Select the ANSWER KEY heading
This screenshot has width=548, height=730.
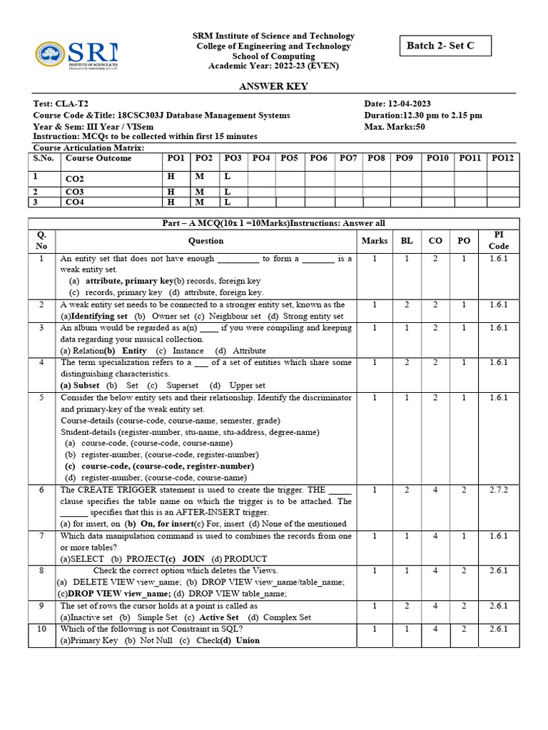pos(274,86)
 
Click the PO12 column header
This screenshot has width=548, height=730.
pos(502,158)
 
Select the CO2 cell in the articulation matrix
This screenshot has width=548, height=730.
pos(75,179)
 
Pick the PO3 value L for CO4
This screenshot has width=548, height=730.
pos(228,202)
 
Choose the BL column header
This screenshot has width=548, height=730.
pos(407,241)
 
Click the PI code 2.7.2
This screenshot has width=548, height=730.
pos(499,490)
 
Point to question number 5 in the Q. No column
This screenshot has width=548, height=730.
pos(41,397)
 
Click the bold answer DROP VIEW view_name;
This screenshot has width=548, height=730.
pos(115,594)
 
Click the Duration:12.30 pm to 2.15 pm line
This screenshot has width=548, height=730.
pos(423,115)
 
